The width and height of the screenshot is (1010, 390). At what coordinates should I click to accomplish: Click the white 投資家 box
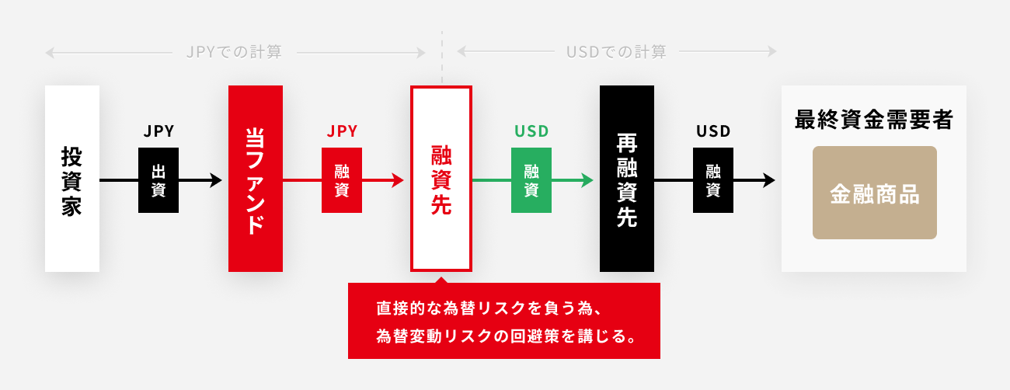[72, 179]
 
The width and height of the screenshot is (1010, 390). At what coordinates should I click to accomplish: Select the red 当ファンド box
[256, 179]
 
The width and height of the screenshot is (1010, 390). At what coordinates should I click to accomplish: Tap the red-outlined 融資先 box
[441, 179]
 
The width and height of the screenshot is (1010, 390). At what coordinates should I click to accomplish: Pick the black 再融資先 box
[627, 179]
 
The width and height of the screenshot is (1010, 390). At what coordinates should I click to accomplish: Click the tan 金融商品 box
[874, 193]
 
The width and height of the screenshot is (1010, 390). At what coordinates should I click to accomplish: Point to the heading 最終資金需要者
[874, 120]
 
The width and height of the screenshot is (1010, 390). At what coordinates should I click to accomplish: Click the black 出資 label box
[158, 180]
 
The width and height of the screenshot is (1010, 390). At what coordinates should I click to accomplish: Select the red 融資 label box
[342, 180]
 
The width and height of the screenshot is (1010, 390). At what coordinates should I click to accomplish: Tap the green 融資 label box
[531, 180]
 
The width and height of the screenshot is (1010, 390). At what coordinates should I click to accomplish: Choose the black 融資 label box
[713, 180]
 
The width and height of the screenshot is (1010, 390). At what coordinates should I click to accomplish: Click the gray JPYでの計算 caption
[234, 52]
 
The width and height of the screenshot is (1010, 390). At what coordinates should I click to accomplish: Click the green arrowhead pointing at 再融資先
[588, 180]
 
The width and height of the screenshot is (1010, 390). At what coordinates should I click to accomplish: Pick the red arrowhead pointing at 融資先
[399, 180]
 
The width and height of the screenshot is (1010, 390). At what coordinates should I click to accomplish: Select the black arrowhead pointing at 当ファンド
[216, 180]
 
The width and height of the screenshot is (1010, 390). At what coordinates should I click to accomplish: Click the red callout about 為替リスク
[503, 321]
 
